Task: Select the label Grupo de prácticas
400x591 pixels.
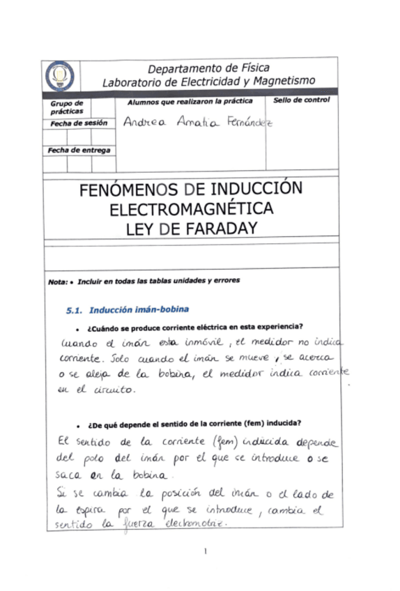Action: (x=66, y=107)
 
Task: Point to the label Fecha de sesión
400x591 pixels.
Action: (x=78, y=123)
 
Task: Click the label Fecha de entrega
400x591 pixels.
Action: (x=79, y=150)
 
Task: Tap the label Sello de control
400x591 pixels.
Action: (x=301, y=101)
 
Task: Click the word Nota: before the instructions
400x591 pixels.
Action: (x=57, y=282)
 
